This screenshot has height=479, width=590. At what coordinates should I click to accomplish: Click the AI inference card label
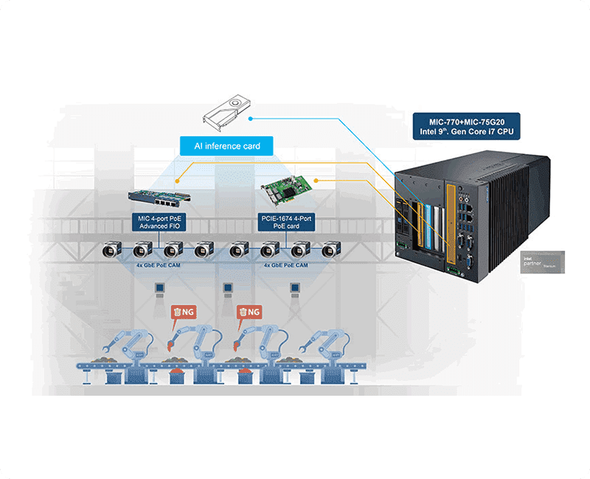coord(226,146)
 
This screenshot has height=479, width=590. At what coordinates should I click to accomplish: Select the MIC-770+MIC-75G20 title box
coord(465,125)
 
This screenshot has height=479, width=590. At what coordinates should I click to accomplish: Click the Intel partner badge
coord(542,262)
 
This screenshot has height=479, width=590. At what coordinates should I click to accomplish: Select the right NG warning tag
coord(249,312)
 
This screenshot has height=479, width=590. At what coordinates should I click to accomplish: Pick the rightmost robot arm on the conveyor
coord(324,346)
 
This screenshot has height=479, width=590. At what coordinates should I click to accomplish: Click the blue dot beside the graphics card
coord(251,117)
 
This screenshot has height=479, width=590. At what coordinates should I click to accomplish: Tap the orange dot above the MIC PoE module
coord(177,179)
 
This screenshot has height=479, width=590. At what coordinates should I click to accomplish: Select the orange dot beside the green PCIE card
coord(316,180)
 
